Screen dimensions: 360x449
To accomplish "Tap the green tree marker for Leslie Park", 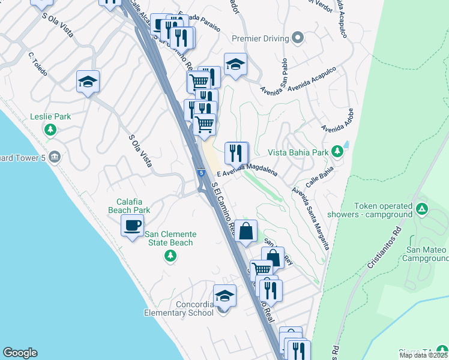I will pyautogui.click(x=50, y=129).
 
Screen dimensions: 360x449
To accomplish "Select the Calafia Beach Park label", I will pyautogui.click(x=129, y=206).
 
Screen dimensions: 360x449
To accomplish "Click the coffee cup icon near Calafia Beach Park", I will pyautogui.click(x=133, y=226).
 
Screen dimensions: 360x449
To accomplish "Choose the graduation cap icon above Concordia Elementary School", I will pyautogui.click(x=224, y=296).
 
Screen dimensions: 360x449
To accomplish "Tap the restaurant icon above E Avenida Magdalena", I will pyautogui.click(x=236, y=153).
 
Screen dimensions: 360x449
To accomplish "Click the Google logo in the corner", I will pyautogui.click(x=20, y=353).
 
